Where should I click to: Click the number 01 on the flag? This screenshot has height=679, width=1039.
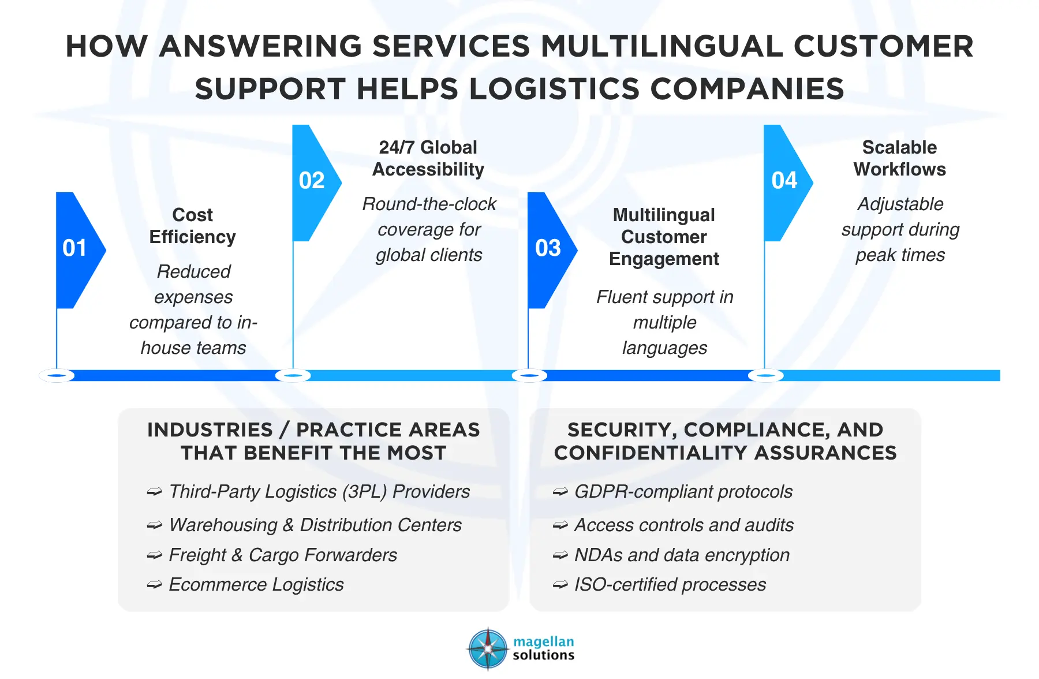coord(74,248)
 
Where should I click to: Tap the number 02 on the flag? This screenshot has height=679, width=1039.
coord(312,181)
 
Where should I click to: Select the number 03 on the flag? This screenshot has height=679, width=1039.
coord(548,248)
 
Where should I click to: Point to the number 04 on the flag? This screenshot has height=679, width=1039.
coord(784,181)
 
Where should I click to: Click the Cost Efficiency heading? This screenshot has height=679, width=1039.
coord(193,226)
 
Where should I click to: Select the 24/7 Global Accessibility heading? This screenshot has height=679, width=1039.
coord(428,158)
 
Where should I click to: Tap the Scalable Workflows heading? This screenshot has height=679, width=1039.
coord(900,158)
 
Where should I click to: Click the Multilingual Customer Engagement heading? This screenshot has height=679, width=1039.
coord(664,237)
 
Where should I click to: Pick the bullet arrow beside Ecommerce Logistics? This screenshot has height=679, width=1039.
coord(154,585)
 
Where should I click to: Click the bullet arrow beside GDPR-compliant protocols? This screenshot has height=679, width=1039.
coord(560,492)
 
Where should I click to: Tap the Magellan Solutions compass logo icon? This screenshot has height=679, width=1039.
coord(488,648)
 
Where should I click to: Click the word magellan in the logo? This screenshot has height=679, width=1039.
coord(544,641)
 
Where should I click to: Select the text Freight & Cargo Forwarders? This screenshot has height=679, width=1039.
coord(283,555)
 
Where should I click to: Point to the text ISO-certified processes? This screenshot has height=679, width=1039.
coord(670,584)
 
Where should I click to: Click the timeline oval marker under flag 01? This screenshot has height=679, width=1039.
coord(57,376)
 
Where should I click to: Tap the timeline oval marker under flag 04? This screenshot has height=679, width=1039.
coord(765,376)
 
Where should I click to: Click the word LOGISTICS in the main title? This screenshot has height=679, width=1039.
coord(555,89)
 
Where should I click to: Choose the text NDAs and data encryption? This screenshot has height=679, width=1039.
coord(682,555)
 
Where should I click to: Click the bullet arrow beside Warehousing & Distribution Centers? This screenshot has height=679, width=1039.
coord(154,525)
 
